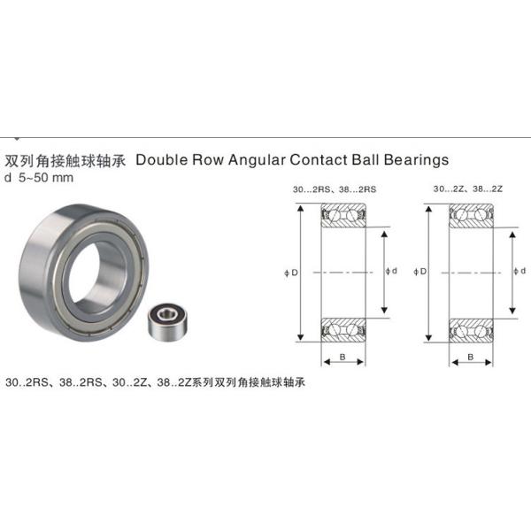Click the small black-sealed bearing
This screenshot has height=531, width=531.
point(168,320)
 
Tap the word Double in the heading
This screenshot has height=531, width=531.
point(162,160)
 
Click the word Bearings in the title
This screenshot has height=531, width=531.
point(416,160)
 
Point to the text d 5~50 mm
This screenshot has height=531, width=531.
point(39,178)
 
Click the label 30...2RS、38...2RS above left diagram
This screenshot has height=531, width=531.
point(335,189)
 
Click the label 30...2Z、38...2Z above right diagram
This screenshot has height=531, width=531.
point(467,189)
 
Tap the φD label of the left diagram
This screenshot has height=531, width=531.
point(291,273)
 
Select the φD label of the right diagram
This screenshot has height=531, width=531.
point(419,272)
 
